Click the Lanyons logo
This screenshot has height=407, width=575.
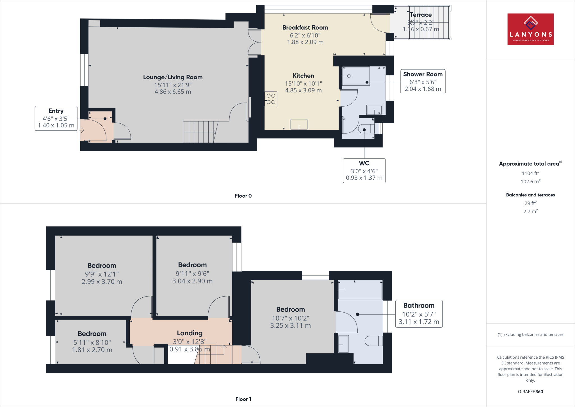530,29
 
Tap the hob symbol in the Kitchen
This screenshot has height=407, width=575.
271,99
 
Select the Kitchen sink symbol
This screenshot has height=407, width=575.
299,125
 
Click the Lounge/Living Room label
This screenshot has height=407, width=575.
173,77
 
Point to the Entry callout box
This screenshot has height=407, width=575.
56,118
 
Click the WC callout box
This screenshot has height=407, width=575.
364,171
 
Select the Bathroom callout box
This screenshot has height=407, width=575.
419,314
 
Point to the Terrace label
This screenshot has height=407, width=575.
421,15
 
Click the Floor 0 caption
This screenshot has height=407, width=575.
243,196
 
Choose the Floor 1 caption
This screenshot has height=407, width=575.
243,399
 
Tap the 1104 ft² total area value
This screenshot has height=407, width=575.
530,173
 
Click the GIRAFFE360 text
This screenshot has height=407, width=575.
530,392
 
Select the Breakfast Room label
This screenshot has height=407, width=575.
305,28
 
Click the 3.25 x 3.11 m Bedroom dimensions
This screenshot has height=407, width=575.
290,325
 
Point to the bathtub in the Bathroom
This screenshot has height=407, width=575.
360,290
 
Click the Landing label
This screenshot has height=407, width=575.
190,333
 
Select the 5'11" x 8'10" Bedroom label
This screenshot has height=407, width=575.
92,342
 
